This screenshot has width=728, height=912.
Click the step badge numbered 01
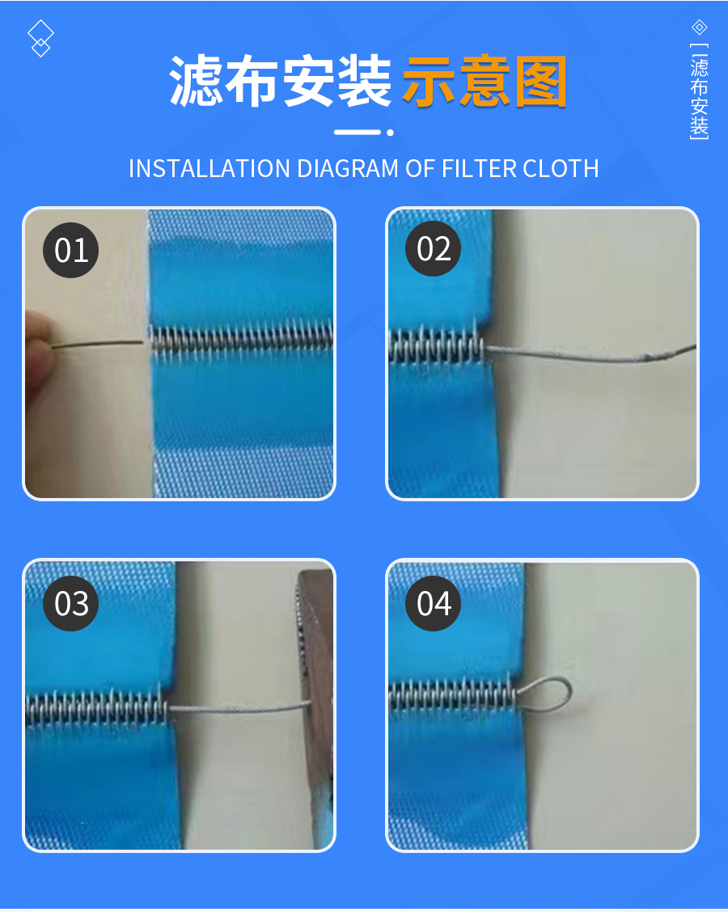[x=71, y=250]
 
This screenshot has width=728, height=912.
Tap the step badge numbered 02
[x=434, y=249]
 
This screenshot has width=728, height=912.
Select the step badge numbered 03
[x=71, y=603]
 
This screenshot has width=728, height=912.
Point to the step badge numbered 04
[x=434, y=603]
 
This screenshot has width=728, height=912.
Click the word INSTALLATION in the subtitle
[x=210, y=169]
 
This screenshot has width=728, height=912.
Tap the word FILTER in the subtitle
[x=479, y=169]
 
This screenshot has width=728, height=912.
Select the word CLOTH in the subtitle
[x=561, y=169]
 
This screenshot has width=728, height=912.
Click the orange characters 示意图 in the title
[x=485, y=82]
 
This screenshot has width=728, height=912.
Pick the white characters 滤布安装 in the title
[x=281, y=82]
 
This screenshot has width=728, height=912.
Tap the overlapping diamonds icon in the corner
[x=40, y=38]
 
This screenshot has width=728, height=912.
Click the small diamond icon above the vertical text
[x=700, y=27]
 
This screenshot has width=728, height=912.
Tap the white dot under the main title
[x=390, y=133]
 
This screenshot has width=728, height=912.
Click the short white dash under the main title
[x=358, y=133]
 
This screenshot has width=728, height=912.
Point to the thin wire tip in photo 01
[x=141, y=342]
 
